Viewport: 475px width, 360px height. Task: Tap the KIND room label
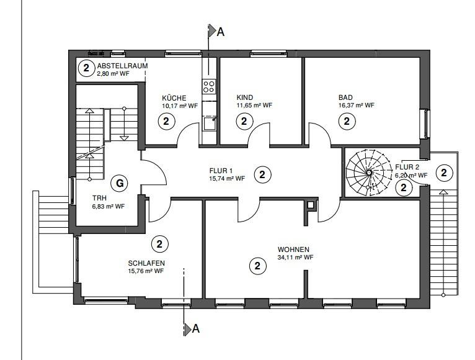coord(246,98)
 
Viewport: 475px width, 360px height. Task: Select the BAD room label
coord(345,97)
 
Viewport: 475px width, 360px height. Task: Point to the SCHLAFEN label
coord(146,263)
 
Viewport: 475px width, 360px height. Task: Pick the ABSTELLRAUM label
coord(122,65)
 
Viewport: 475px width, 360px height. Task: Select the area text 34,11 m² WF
coord(296,257)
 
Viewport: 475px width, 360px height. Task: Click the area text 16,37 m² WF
coord(357,106)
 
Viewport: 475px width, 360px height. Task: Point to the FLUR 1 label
coord(221,170)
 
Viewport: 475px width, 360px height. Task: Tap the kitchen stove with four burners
coord(210,86)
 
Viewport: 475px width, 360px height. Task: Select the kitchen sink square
coord(209,124)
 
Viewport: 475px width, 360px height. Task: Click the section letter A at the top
coord(220,33)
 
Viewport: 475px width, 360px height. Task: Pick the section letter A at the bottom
coord(196,329)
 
